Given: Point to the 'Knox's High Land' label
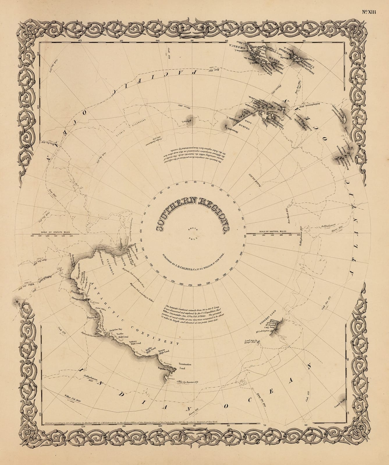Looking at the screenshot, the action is tap(164, 352).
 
